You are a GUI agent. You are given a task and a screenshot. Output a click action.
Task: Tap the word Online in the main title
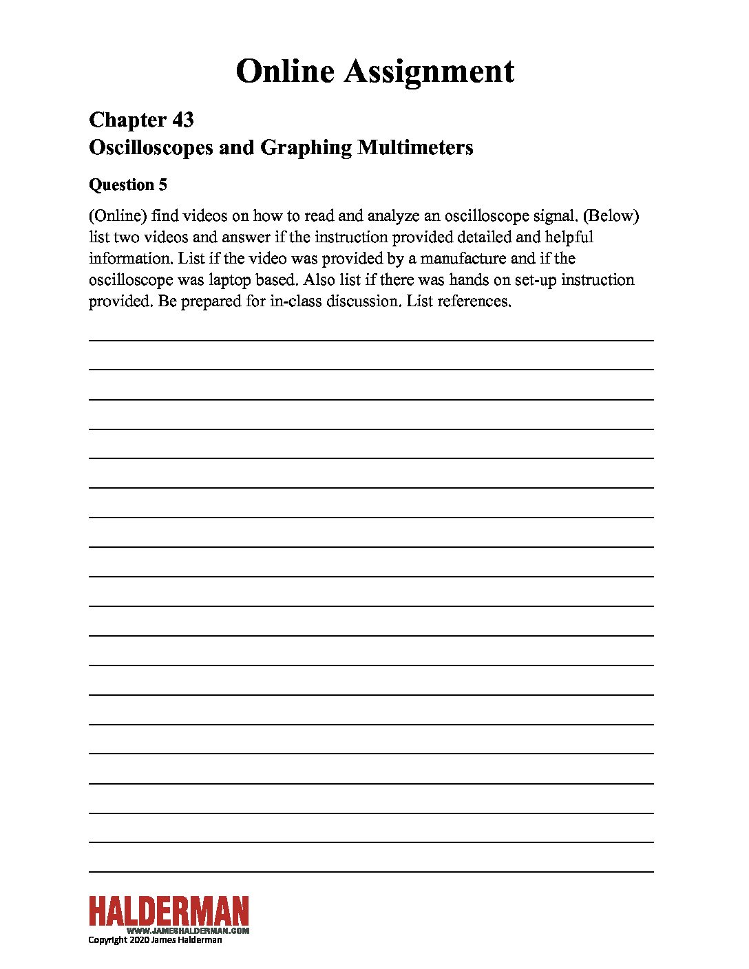click(285, 72)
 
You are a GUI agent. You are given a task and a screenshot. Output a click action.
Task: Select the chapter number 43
click(182, 120)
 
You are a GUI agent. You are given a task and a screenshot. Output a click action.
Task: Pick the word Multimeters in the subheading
click(415, 147)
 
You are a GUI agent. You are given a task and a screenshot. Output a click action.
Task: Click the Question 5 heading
click(128, 184)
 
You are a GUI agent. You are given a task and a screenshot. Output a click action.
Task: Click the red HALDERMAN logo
click(169, 911)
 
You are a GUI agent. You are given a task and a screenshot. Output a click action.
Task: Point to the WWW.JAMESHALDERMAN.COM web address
click(188, 930)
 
